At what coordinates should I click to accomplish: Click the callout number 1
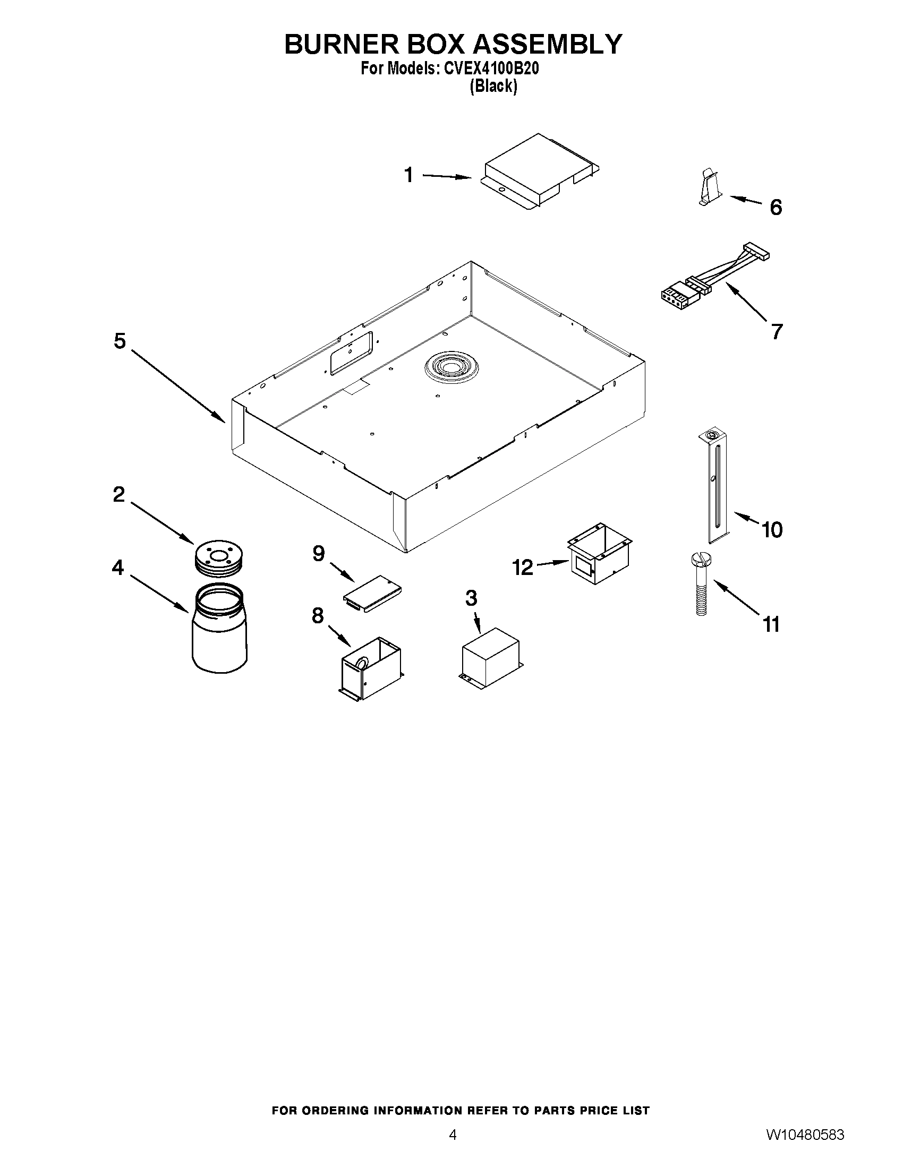pyautogui.click(x=408, y=175)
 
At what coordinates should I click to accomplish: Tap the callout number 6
pyautogui.click(x=776, y=207)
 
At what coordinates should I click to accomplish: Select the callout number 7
pyautogui.click(x=777, y=332)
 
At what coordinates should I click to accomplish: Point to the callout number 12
pyautogui.click(x=523, y=568)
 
